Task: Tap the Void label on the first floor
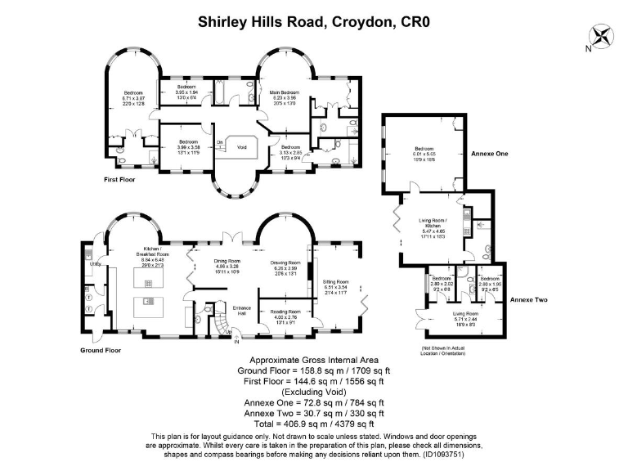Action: (x=241, y=147)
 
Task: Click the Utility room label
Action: (x=94, y=264)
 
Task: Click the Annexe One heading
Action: (x=490, y=153)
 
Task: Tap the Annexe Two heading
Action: (x=527, y=300)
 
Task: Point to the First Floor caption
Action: (x=119, y=178)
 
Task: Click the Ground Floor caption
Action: (x=101, y=350)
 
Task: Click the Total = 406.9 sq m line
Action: (x=313, y=424)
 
